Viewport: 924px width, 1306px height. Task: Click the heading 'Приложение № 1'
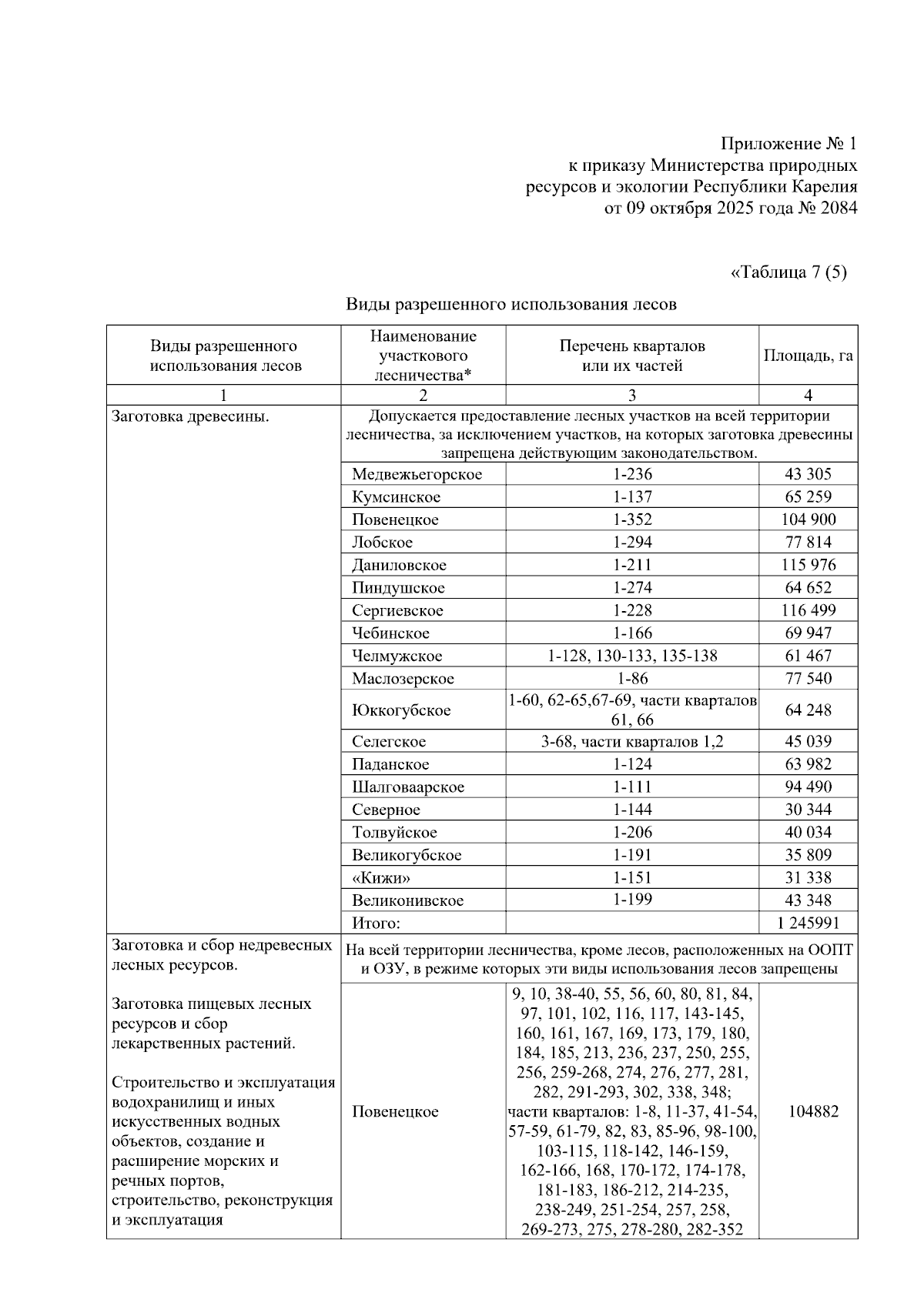tap(788, 144)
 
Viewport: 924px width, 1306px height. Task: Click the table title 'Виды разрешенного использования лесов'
tap(511, 304)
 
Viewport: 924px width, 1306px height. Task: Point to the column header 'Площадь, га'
tap(808, 356)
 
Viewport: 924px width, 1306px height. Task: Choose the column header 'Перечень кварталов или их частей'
tap(631, 356)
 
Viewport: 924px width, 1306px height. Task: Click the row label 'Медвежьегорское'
tap(417, 474)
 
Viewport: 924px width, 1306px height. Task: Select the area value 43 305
tap(807, 474)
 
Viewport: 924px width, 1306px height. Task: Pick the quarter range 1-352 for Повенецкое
tap(632, 519)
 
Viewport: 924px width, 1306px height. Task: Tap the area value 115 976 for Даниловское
tap(807, 565)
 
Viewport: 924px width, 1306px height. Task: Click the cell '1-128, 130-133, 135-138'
tap(632, 656)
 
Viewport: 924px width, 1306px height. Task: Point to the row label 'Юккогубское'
tap(401, 710)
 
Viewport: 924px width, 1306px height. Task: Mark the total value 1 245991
tap(807, 924)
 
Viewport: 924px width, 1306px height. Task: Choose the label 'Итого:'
tap(377, 924)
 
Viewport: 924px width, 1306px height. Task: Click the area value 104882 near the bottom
tap(807, 1111)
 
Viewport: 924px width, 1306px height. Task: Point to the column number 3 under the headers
tap(631, 396)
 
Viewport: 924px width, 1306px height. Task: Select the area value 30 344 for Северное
tap(807, 810)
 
